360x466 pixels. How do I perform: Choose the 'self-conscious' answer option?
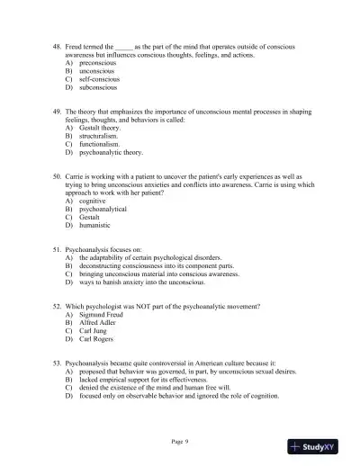coord(99,81)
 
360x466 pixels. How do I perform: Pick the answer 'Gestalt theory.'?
coord(100,129)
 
